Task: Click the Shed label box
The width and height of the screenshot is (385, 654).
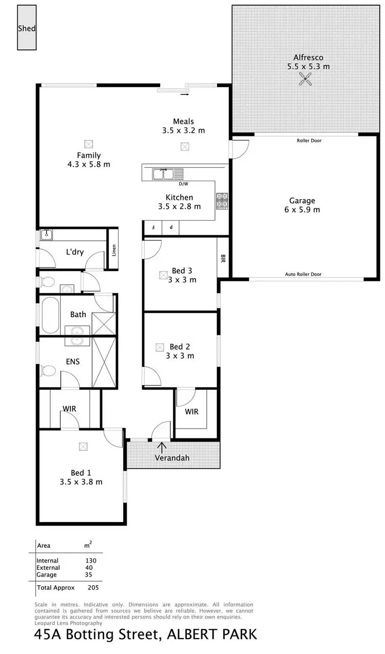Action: tap(27, 29)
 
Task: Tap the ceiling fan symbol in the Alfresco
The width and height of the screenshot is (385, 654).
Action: tap(306, 79)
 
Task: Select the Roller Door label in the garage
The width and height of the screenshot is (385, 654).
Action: tap(309, 140)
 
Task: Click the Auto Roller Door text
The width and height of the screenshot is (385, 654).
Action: tap(303, 274)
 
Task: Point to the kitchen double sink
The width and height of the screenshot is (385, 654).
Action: tap(164, 174)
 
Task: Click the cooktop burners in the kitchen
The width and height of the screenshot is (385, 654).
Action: tap(222, 201)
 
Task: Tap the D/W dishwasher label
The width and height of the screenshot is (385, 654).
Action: tap(183, 184)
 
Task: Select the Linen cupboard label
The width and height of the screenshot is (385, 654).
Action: tap(114, 251)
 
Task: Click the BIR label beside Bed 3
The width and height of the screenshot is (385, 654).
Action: tap(223, 258)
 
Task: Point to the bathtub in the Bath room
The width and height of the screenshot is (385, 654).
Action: tap(50, 314)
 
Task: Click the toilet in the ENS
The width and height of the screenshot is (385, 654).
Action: tap(48, 370)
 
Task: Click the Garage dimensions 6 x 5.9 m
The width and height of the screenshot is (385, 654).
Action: tap(302, 209)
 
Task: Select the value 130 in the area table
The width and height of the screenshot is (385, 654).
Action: tap(91, 561)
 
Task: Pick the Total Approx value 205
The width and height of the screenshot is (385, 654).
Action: tap(93, 588)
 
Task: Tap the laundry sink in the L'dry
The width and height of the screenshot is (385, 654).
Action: tap(48, 234)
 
